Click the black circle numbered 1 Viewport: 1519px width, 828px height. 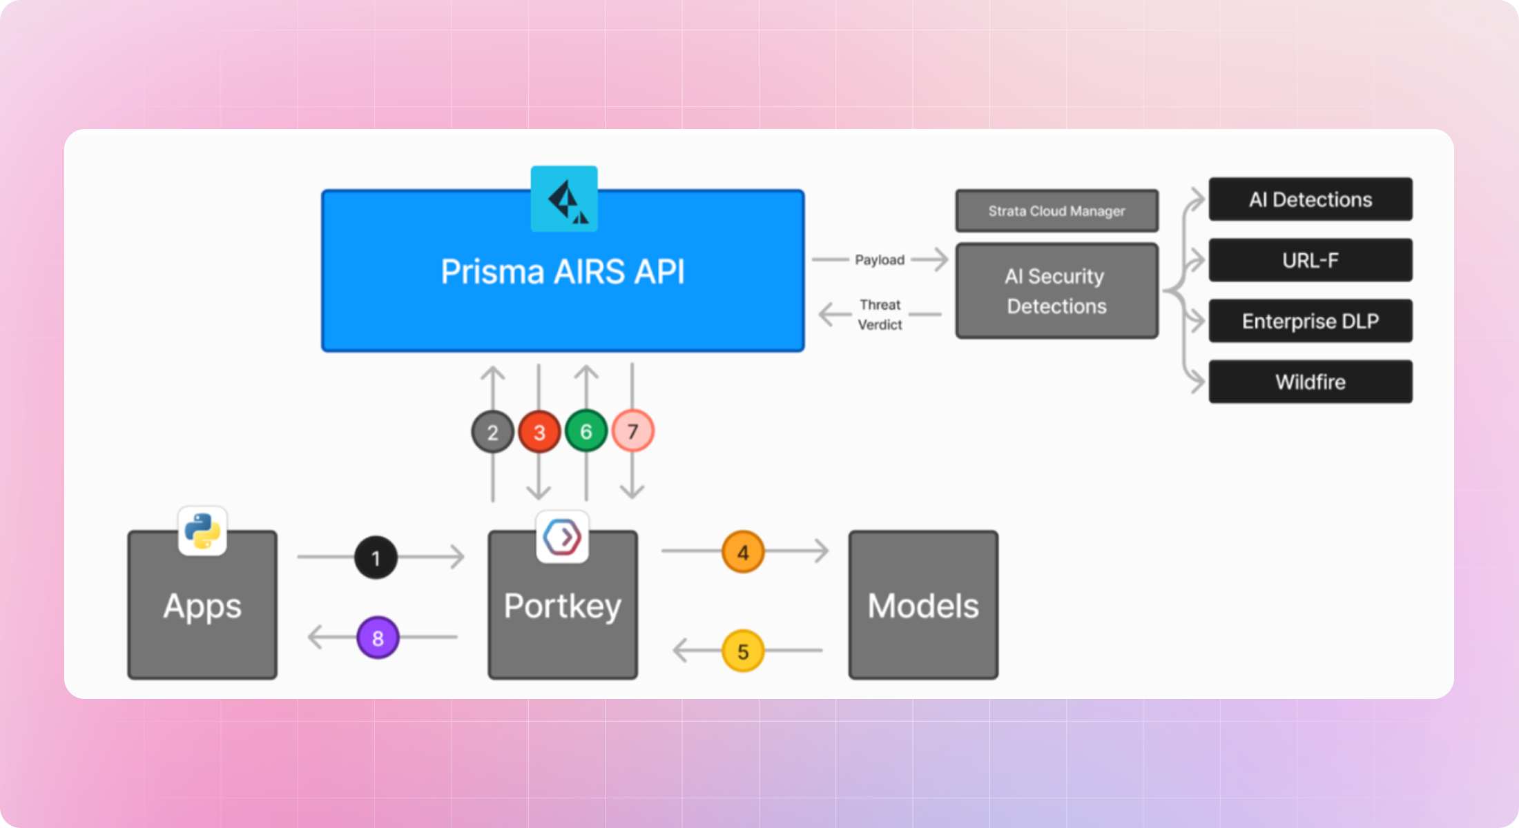click(x=376, y=558)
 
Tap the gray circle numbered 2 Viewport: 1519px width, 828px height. click(x=492, y=432)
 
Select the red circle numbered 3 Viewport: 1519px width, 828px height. click(x=539, y=432)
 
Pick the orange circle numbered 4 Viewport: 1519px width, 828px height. click(x=743, y=552)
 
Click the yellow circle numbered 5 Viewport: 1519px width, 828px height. click(x=743, y=651)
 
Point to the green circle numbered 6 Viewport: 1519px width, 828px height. click(x=586, y=431)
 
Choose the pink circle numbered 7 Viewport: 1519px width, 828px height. click(x=632, y=431)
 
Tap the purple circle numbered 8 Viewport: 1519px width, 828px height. click(x=378, y=638)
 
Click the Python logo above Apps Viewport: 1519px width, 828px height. click(x=202, y=531)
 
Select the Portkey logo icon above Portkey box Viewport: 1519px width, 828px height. click(x=563, y=537)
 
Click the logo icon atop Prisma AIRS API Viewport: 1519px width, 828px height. click(x=564, y=199)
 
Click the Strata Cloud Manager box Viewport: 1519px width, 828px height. click(x=1056, y=211)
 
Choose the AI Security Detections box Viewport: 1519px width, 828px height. click(x=1056, y=290)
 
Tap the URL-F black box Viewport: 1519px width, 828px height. click(x=1310, y=260)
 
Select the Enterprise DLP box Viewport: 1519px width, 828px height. click(x=1310, y=321)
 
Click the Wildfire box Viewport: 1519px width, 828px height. click(x=1310, y=382)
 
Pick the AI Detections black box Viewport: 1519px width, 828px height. click(x=1310, y=199)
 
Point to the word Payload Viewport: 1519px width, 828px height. click(x=879, y=260)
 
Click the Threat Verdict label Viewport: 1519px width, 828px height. click(x=880, y=315)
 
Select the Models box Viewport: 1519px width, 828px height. click(x=923, y=605)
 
